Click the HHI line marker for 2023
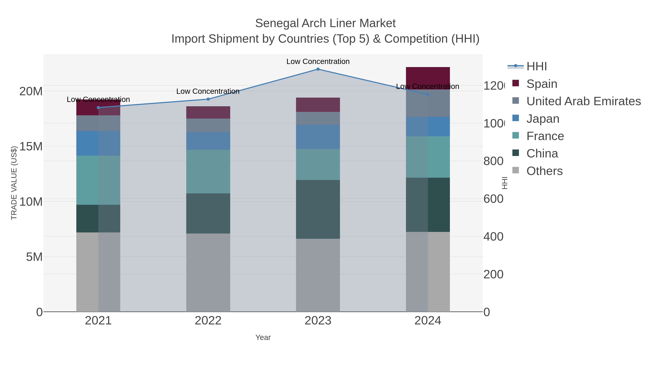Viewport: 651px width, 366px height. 318,69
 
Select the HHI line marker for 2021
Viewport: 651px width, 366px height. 98,108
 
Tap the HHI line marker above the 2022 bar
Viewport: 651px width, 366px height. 208,99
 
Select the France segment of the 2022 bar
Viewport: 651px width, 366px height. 208,171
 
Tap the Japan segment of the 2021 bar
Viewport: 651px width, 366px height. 98,143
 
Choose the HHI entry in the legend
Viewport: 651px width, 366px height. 537,67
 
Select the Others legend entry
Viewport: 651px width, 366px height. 544,171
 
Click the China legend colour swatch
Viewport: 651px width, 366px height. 516,153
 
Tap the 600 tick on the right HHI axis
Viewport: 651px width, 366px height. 493,199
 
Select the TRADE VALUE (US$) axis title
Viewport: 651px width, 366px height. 14,183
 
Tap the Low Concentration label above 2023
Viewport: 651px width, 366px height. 318,61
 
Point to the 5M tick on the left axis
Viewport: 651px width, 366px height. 34,257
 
